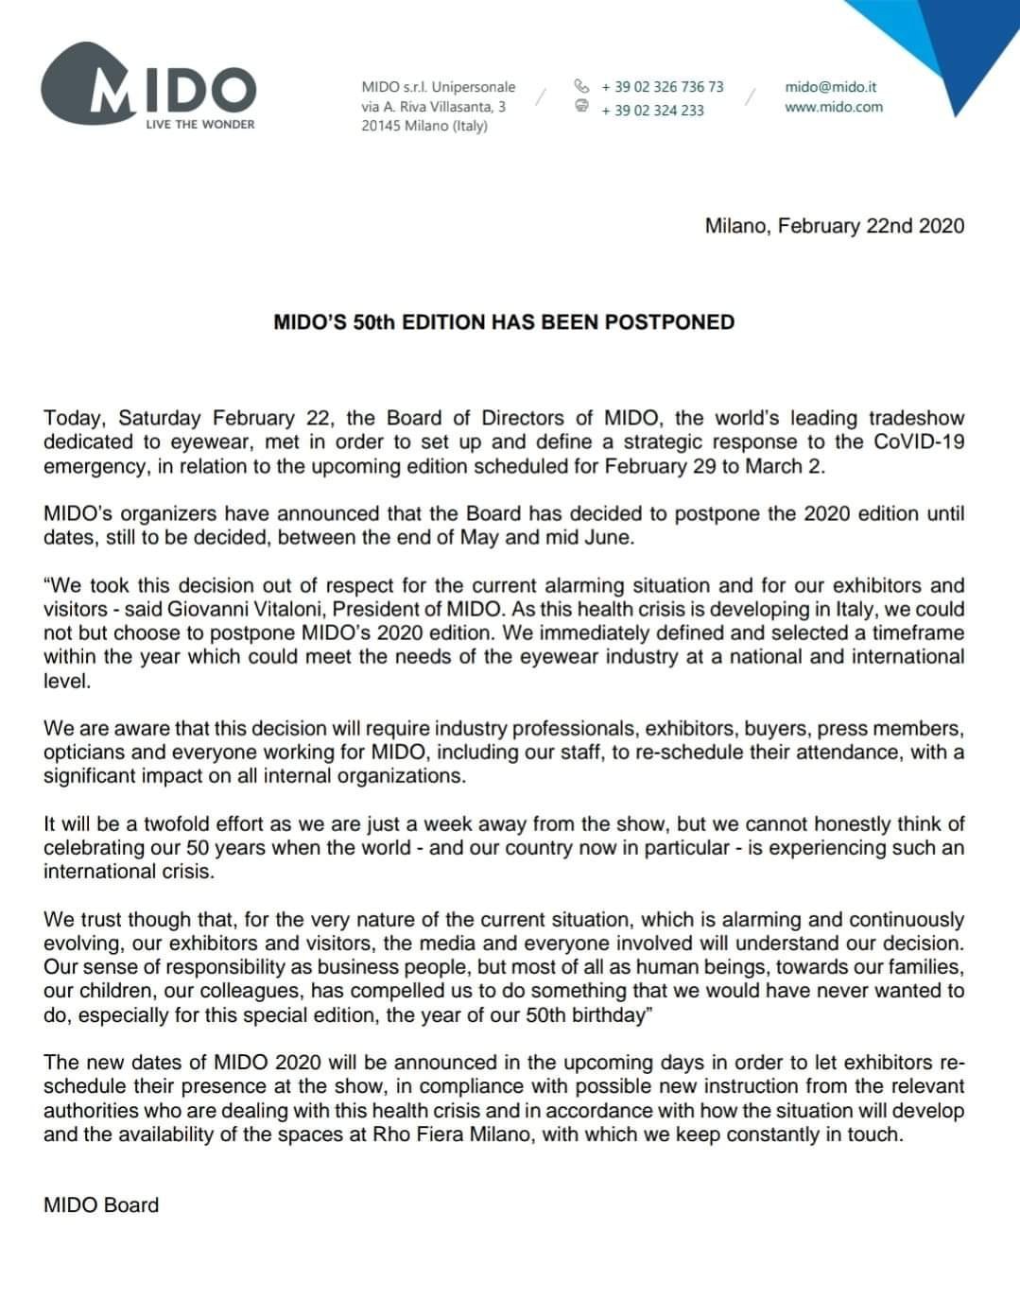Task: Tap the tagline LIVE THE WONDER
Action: click(x=199, y=124)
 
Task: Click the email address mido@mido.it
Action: click(x=830, y=86)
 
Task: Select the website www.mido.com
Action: click(x=833, y=107)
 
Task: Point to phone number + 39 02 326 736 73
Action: click(x=662, y=86)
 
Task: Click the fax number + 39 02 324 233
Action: click(x=652, y=110)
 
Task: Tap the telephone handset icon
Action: click(x=581, y=85)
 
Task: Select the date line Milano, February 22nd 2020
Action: click(x=834, y=226)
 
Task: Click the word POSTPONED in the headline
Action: click(x=669, y=322)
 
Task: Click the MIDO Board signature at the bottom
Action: click(x=101, y=1204)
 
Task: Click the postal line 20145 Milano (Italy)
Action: click(x=424, y=127)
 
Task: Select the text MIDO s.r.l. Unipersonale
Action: click(x=438, y=86)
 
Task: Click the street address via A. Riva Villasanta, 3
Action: click(x=433, y=107)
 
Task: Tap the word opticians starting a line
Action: click(x=82, y=753)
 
